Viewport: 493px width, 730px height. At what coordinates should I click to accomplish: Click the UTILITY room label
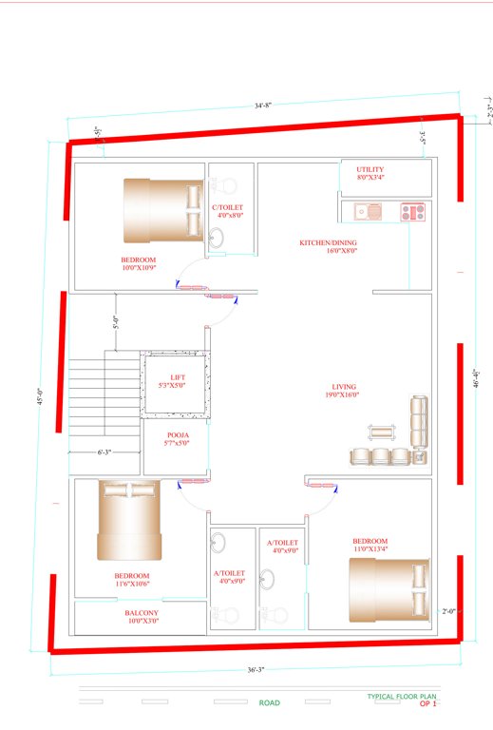point(370,173)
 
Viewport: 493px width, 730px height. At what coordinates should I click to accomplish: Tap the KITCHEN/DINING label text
point(328,246)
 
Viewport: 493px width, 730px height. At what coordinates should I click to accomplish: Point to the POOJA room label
point(178,438)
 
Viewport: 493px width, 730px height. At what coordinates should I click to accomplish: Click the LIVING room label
point(343,391)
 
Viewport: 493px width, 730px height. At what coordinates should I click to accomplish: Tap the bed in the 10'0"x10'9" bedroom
point(162,211)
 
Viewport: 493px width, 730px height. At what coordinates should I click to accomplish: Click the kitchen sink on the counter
point(366,211)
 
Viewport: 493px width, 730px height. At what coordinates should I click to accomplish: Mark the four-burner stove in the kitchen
point(412,211)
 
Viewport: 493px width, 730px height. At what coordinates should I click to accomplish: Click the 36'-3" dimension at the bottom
point(255,670)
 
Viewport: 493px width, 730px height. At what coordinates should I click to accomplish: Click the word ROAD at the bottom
point(270,703)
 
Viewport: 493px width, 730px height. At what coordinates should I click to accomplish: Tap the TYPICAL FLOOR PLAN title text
point(403,696)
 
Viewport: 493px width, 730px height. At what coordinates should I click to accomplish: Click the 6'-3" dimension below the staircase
point(104,451)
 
